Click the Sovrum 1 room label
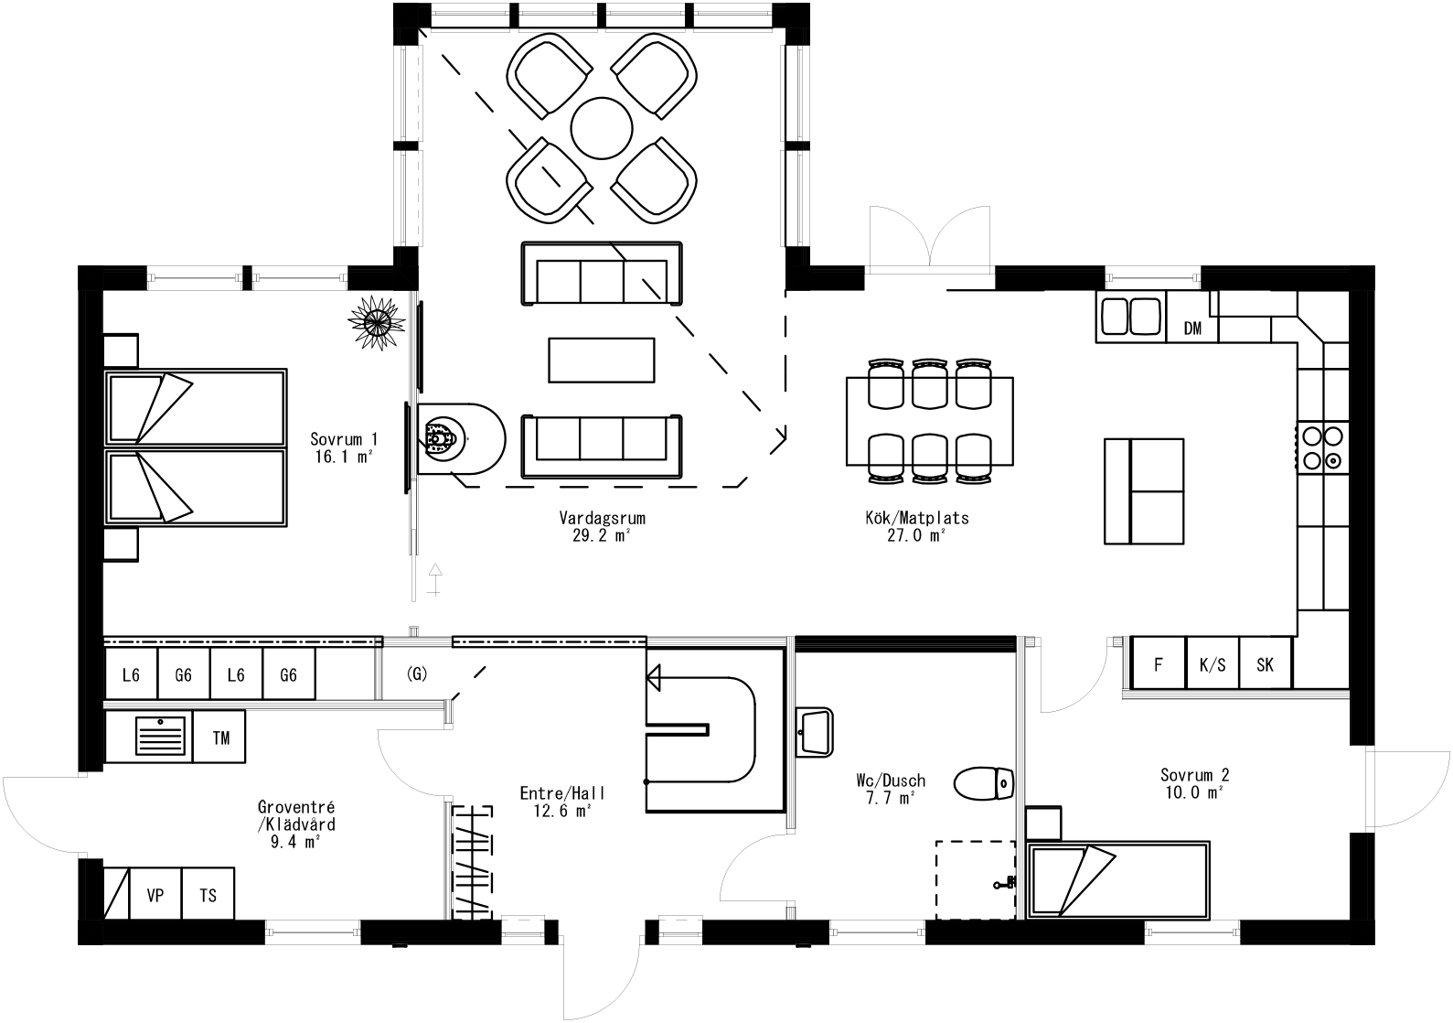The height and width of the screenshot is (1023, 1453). click(343, 447)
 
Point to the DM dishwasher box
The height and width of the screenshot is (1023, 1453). click(1192, 328)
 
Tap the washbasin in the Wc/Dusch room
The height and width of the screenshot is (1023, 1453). click(815, 730)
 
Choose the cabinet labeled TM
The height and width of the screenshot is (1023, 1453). click(220, 738)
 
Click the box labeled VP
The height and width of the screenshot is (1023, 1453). click(155, 894)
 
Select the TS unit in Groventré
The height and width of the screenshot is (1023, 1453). click(208, 894)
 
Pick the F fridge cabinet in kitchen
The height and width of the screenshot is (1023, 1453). click(1158, 664)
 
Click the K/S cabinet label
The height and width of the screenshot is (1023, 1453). click(1212, 664)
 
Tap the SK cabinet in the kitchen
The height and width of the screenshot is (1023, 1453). click(1265, 664)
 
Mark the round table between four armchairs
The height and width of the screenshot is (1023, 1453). click(601, 127)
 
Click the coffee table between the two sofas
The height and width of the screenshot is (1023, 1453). click(601, 360)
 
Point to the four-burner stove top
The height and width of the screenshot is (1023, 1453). click(1322, 447)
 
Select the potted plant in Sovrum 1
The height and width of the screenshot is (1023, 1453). click(376, 322)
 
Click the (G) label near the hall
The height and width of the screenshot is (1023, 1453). click(416, 674)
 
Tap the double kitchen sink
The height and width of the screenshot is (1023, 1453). click(1131, 317)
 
